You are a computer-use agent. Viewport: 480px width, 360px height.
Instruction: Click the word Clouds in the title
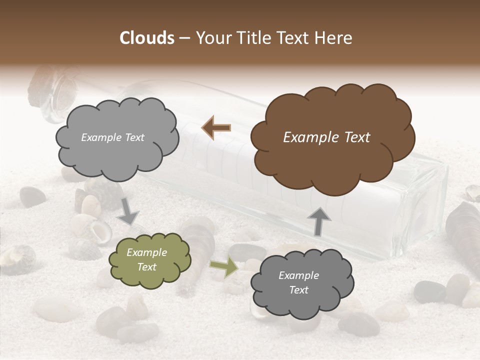click(147, 38)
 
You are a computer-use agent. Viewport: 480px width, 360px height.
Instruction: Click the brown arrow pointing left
click(216, 127)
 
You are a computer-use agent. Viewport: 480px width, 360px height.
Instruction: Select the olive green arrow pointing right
click(223, 267)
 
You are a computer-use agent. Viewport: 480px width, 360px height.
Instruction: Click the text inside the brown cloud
click(326, 137)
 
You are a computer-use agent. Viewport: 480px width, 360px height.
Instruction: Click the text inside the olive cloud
click(146, 260)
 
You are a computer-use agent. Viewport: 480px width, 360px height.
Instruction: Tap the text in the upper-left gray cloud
click(112, 137)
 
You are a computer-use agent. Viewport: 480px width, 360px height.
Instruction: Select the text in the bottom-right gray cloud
click(298, 282)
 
